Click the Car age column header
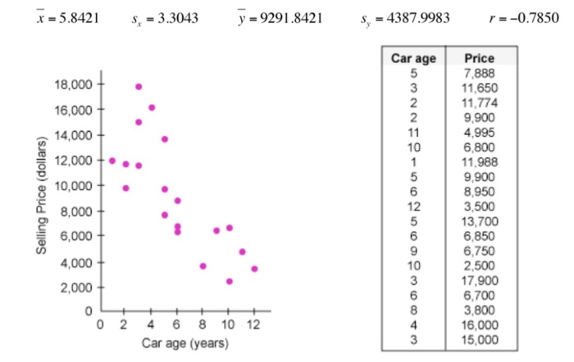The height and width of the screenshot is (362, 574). pyautogui.click(x=414, y=59)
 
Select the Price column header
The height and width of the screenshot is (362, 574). pyautogui.click(x=479, y=59)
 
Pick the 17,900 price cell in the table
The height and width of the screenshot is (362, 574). pyautogui.click(x=480, y=280)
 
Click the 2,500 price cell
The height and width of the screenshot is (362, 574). pyautogui.click(x=480, y=265)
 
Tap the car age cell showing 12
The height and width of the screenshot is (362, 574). pyautogui.click(x=414, y=206)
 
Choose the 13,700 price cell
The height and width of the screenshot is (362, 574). pyautogui.click(x=480, y=221)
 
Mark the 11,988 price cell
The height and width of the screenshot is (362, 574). pyautogui.click(x=480, y=162)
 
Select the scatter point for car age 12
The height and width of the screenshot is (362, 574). pyautogui.click(x=254, y=269)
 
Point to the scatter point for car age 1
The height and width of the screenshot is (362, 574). pyautogui.click(x=112, y=161)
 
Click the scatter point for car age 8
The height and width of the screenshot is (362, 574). pyautogui.click(x=203, y=266)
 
